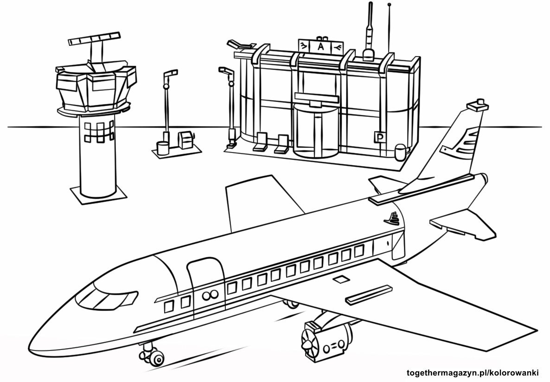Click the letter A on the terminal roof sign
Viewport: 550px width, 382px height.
coord(320,47)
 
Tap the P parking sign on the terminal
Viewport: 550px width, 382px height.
coord(379,137)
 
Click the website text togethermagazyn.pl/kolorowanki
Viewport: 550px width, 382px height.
coord(475,373)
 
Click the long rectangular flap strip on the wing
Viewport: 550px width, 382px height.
coord(369,294)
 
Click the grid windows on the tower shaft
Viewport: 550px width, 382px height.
coord(100,132)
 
